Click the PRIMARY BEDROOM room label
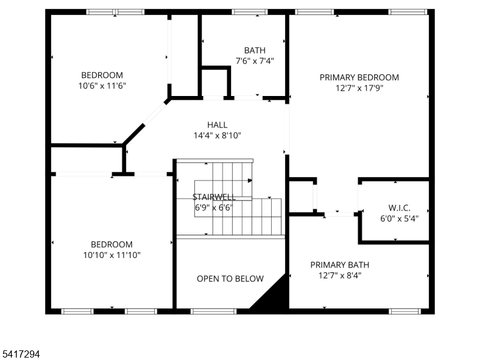point(359,77)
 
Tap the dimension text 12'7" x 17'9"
point(359,88)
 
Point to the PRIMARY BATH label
point(340,265)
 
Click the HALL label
point(217,125)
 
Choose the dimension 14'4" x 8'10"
point(217,136)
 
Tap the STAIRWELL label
point(214,197)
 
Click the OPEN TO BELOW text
point(230,278)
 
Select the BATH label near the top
point(254,50)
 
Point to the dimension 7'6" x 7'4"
point(254,61)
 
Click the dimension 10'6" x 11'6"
point(102,86)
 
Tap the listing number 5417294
point(21,355)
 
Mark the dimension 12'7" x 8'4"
point(340,275)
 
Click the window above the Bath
point(250,11)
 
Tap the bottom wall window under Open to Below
point(214,311)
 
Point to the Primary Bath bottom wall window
point(407,311)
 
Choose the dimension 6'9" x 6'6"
point(214,208)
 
